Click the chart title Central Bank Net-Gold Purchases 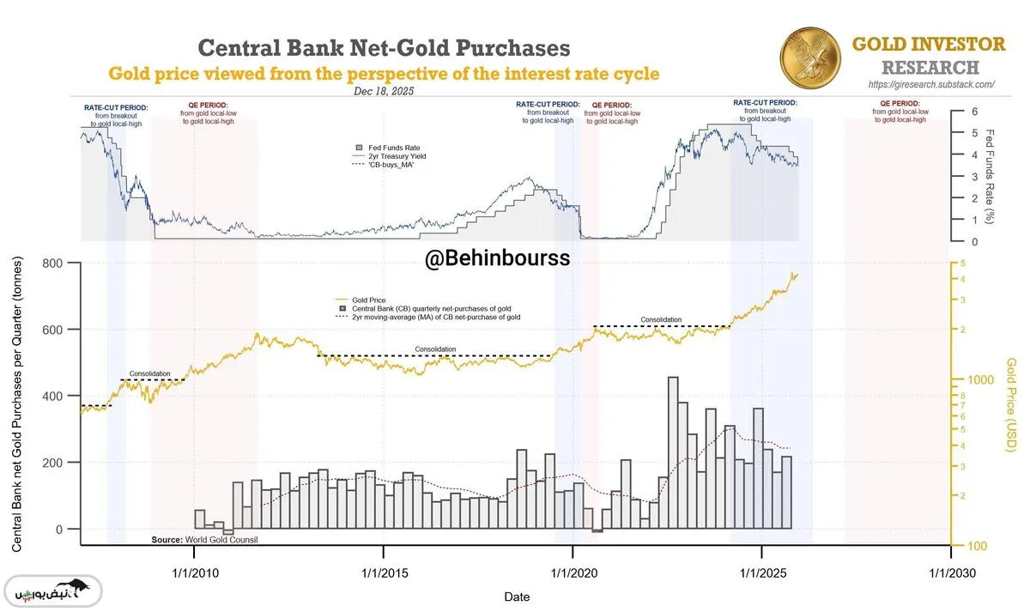(x=384, y=47)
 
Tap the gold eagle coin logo (x=810, y=56)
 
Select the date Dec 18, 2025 (x=384, y=91)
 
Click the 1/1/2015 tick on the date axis (x=384, y=572)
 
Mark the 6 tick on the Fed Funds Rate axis (x=974, y=112)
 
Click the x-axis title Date (x=516, y=597)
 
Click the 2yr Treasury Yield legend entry (x=397, y=156)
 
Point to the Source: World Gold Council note (x=204, y=540)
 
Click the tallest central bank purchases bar (x=673, y=452)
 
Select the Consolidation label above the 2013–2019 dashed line (x=435, y=349)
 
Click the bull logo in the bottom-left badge (x=79, y=591)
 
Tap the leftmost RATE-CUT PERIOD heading (x=116, y=107)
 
